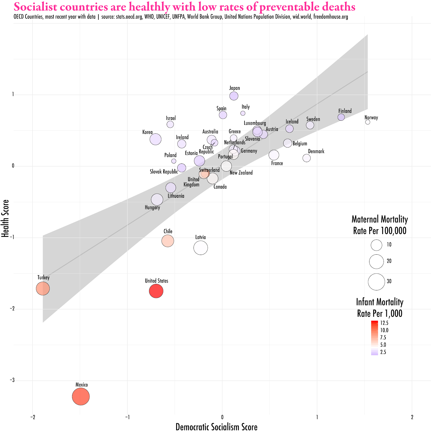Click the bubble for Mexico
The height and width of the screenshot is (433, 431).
(x=81, y=396)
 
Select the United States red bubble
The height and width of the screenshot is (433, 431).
(x=156, y=291)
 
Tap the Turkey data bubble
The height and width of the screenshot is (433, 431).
(x=43, y=288)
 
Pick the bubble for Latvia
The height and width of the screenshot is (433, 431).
(x=201, y=248)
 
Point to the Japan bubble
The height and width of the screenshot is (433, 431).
(x=234, y=96)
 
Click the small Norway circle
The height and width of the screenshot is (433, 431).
(x=368, y=122)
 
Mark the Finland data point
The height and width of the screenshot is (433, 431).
(x=341, y=117)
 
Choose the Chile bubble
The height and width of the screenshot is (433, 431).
(x=168, y=241)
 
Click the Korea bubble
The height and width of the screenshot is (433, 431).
(x=156, y=139)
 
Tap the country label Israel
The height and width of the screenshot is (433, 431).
(x=171, y=118)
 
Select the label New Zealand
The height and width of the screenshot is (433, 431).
(x=241, y=173)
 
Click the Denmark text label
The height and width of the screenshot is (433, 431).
(x=316, y=151)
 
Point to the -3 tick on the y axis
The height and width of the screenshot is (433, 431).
(x=12, y=380)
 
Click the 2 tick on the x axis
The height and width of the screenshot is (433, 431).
(x=412, y=417)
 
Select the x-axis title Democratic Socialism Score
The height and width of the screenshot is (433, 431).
(x=216, y=427)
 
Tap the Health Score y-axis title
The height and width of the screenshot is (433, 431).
(x=5, y=218)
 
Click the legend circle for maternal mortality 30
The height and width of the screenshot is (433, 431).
(x=376, y=282)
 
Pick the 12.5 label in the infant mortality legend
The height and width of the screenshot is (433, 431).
(x=384, y=323)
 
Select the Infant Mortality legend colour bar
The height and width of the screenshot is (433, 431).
(x=374, y=338)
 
